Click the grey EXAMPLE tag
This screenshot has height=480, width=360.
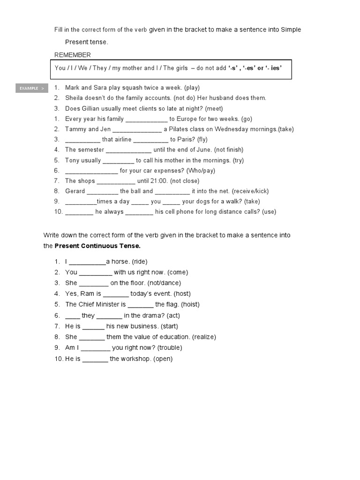(x=32, y=88)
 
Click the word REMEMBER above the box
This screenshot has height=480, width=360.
(x=73, y=55)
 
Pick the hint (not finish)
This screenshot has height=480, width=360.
(x=228, y=150)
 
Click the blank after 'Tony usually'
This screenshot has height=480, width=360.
(x=118, y=161)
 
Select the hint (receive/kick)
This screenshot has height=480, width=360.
(x=250, y=191)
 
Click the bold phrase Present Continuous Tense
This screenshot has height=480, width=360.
(x=97, y=246)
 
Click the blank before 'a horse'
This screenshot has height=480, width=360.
(x=88, y=262)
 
